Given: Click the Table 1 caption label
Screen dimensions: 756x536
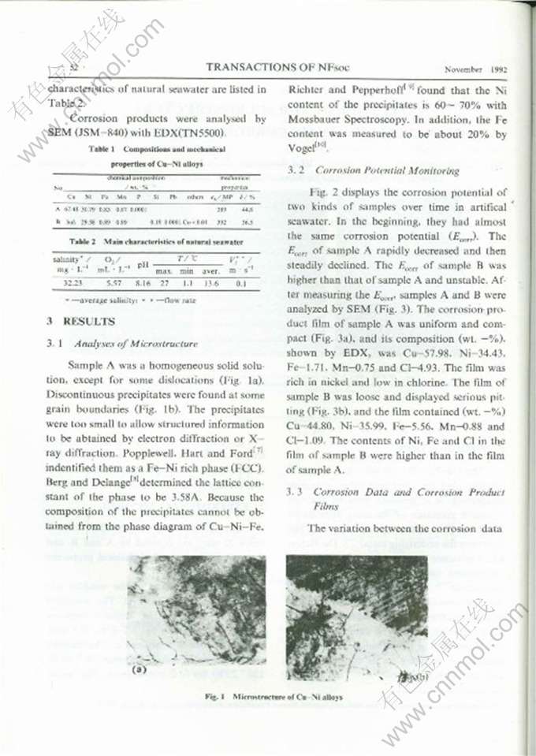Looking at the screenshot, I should (x=104, y=148).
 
